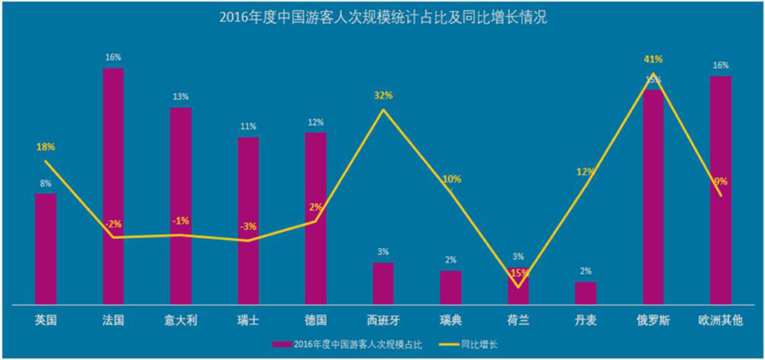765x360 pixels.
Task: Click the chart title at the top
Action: [382, 18]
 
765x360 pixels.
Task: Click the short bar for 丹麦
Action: [586, 292]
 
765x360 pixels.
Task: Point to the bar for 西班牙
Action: [383, 283]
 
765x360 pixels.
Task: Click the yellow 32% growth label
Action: [383, 96]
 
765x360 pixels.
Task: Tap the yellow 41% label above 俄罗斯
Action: [653, 59]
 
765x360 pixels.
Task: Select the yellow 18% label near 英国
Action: [45, 147]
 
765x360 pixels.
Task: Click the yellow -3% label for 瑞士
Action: [249, 227]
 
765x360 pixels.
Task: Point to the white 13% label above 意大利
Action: [181, 97]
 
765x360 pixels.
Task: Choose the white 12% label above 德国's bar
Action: [316, 123]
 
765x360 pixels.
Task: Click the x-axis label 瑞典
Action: [450, 320]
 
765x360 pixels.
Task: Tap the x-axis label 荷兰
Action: [518, 320]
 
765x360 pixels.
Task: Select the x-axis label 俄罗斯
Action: [653, 320]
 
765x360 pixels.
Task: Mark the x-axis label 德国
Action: [316, 320]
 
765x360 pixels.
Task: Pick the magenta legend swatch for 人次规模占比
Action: [281, 344]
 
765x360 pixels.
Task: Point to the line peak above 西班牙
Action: [383, 109]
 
